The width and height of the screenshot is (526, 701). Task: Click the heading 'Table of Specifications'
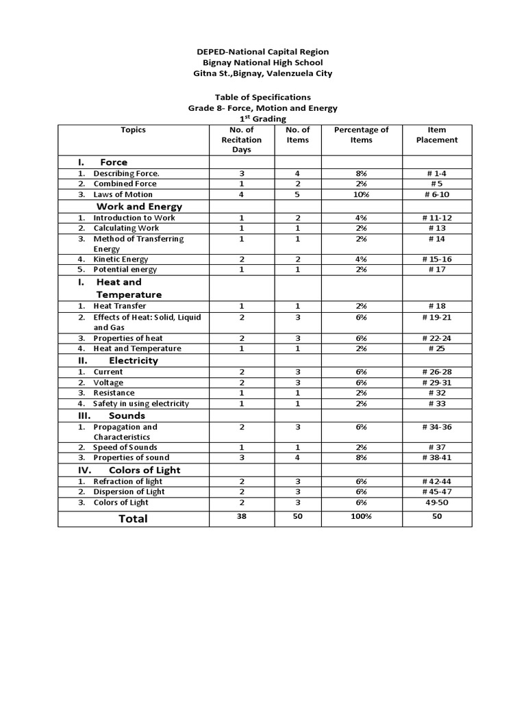click(x=263, y=97)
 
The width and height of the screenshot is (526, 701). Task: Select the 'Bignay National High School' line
click(x=263, y=62)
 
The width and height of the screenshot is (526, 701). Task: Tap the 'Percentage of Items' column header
click(x=361, y=135)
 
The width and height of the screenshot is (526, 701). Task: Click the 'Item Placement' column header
click(x=436, y=135)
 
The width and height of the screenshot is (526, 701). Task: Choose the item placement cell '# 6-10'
click(x=437, y=194)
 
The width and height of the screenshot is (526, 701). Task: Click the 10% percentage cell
click(x=361, y=194)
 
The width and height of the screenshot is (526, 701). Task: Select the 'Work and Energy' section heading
click(x=139, y=206)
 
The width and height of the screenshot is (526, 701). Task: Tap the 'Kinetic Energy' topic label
click(x=121, y=259)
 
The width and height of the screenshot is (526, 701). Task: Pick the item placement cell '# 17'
click(x=437, y=270)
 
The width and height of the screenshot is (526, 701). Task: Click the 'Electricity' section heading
click(x=133, y=360)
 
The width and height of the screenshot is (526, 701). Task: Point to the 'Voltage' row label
click(x=108, y=383)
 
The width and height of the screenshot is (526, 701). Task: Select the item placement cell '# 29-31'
click(x=437, y=383)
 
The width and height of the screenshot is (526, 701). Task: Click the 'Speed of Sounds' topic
click(x=125, y=447)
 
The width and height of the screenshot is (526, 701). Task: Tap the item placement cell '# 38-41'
click(x=437, y=457)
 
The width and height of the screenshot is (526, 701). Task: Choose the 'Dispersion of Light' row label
click(x=129, y=492)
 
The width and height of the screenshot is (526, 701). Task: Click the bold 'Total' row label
click(x=133, y=518)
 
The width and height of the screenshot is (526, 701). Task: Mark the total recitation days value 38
click(x=241, y=517)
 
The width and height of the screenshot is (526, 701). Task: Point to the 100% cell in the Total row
click(x=361, y=517)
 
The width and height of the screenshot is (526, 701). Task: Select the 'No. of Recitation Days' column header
click(x=241, y=140)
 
